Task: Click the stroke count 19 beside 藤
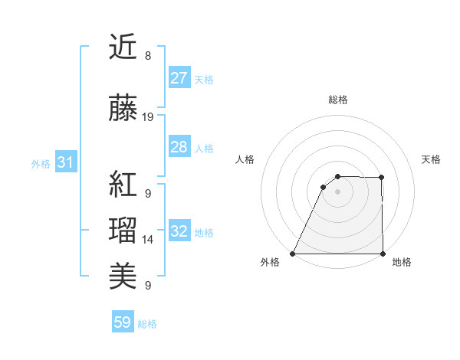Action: coord(148,117)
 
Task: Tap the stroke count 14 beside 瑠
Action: coord(148,239)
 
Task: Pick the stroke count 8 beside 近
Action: coord(148,56)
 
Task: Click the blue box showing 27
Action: coord(179,78)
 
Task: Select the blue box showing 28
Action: coord(179,147)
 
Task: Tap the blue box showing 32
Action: coord(179,231)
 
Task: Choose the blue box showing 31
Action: coord(65,162)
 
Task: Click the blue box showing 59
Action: coord(123,323)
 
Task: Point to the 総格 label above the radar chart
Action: coord(337,100)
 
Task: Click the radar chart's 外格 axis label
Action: coord(270,263)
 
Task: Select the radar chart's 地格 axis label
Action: coord(402,263)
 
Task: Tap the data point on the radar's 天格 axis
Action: coord(382,178)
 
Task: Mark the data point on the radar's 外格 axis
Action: coord(293,254)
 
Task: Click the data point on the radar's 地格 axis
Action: coord(382,254)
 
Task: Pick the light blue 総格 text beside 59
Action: coord(147,324)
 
